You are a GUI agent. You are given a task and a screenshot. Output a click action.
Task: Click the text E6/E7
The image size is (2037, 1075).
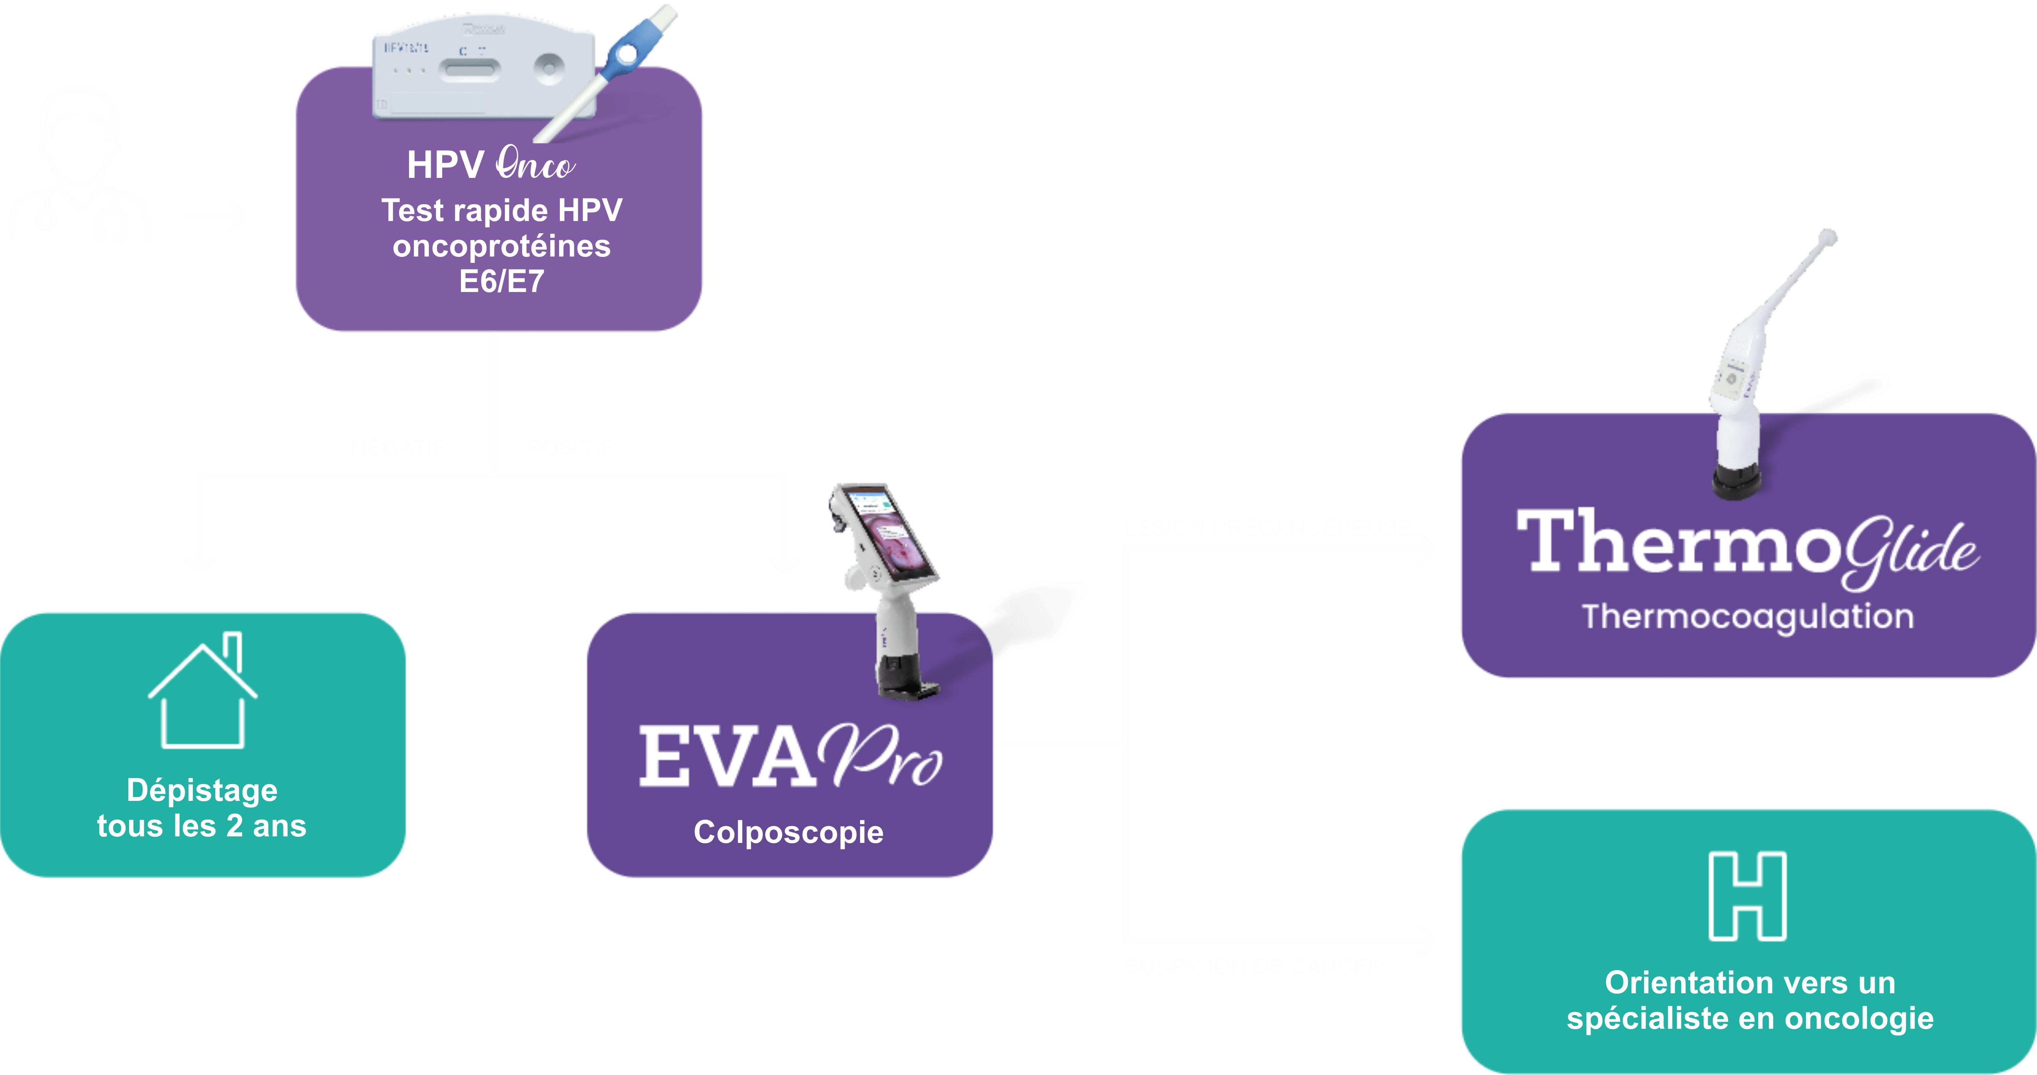pos(501,281)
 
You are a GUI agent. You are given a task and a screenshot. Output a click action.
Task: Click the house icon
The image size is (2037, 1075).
pos(202,692)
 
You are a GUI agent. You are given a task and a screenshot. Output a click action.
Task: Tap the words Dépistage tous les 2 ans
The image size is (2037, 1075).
pos(202,808)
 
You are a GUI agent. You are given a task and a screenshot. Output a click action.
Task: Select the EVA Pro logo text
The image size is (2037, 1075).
pos(789,757)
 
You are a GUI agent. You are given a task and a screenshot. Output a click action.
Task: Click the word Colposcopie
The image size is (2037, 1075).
pos(788,832)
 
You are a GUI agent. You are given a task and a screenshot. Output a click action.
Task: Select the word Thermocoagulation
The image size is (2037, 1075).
pos(1748,617)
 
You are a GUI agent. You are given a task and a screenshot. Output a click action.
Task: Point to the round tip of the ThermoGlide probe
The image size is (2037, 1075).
pos(1827,237)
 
